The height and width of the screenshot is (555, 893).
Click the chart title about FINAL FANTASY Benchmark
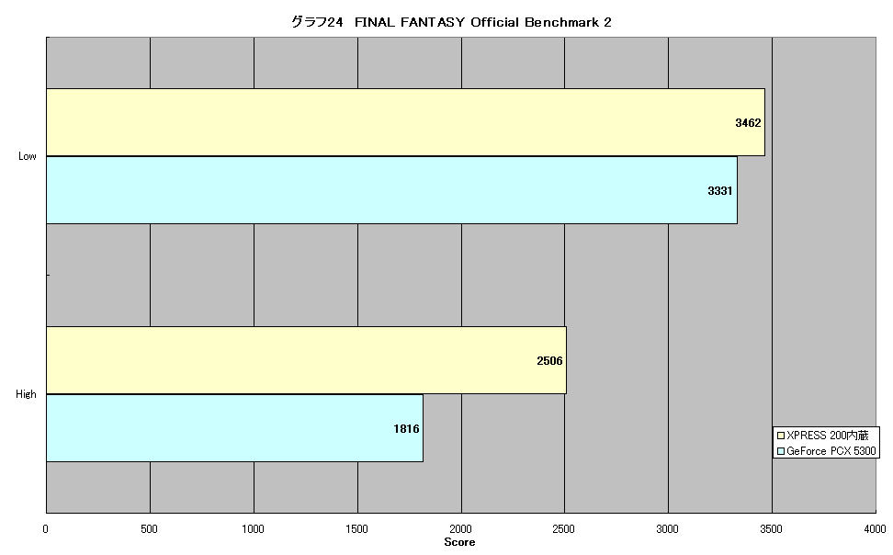[x=451, y=22]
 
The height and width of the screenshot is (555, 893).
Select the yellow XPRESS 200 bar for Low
[x=405, y=122]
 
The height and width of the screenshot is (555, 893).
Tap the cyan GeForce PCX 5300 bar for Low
[x=391, y=190]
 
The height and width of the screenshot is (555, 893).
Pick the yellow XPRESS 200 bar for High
[x=307, y=360]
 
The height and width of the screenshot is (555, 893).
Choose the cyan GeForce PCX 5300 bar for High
[x=234, y=428]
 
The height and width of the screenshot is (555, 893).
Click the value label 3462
[x=748, y=122]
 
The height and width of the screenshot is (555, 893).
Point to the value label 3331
[x=720, y=191]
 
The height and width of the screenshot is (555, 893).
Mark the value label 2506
[x=549, y=361]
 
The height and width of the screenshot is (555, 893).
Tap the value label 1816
[x=406, y=428]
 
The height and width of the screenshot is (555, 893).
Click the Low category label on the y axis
[x=28, y=156]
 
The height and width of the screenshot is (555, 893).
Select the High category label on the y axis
[x=27, y=394]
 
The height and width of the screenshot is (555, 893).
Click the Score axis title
[x=459, y=542]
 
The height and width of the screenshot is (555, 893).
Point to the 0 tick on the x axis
[x=46, y=528]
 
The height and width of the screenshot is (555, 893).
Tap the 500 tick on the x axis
[x=149, y=528]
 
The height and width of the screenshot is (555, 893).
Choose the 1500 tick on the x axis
[x=356, y=528]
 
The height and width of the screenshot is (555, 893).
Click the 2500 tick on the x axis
[x=564, y=528]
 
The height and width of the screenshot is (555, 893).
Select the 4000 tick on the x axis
[x=875, y=528]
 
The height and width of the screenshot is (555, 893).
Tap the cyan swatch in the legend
[x=781, y=451]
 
